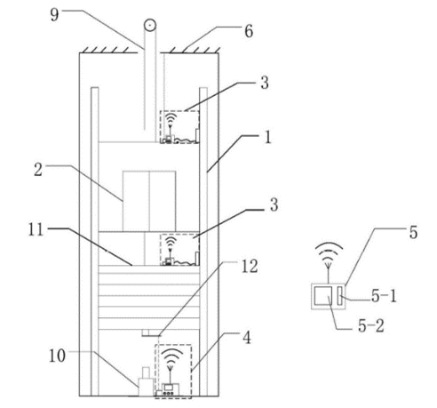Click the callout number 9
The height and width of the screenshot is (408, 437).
pos(54,15)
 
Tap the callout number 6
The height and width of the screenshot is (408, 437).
pos(249,31)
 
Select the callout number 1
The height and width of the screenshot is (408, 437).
pos(267,137)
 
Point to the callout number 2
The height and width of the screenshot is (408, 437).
pos(38,170)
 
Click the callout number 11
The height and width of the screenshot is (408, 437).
pos(36,229)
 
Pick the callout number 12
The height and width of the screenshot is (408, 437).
pos(250,267)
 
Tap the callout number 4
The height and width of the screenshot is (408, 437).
pos(247,338)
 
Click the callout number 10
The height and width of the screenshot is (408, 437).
pos(57,356)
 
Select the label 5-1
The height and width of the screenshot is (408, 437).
pos(384,296)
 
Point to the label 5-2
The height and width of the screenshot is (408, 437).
pos(371,326)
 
